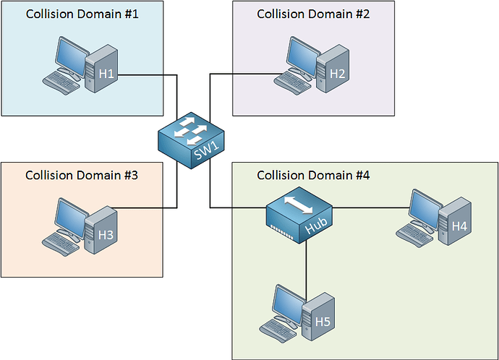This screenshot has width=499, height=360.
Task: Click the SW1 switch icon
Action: [191, 140]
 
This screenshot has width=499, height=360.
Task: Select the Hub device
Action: [299, 215]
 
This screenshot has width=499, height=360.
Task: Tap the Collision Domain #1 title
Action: [82, 14]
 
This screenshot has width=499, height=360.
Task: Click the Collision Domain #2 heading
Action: [313, 14]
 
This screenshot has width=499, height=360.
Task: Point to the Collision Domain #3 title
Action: [82, 175]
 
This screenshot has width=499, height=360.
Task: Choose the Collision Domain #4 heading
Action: [313, 175]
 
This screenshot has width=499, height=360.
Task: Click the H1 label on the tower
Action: [106, 74]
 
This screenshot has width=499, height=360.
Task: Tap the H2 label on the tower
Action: [337, 74]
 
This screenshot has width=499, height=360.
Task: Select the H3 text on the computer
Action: [106, 235]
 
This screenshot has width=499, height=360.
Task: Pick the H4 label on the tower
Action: [459, 226]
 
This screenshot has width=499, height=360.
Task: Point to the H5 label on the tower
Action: [323, 322]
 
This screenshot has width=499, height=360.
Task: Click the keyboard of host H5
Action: [278, 331]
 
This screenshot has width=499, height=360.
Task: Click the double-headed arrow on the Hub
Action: [299, 205]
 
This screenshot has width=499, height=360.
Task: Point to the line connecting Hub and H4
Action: [371, 208]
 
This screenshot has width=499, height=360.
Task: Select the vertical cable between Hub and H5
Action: [306, 270]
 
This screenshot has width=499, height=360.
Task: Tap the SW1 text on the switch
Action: [206, 150]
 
